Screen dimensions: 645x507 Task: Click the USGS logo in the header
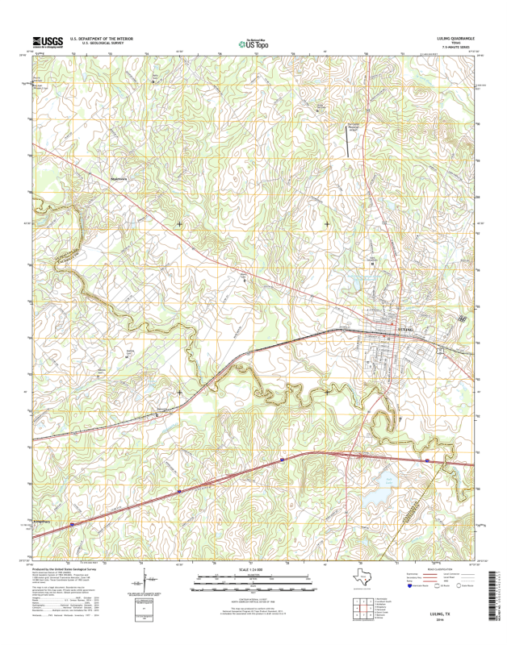click(48, 41)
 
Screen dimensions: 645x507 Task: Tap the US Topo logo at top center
click(253, 44)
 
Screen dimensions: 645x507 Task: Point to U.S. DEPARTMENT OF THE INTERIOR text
click(101, 38)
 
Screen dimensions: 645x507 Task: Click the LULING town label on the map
click(405, 330)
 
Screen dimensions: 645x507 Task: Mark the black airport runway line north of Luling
click(350, 142)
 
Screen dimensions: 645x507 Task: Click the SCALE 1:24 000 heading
click(253, 570)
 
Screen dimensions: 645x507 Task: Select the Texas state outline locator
click(362, 578)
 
